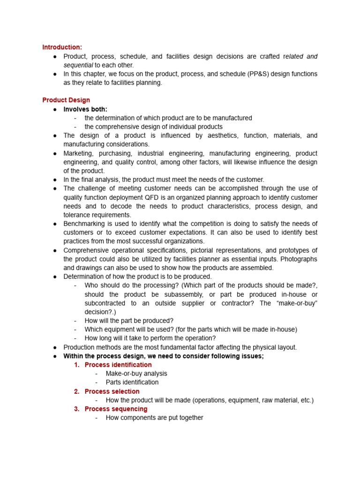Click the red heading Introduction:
62,47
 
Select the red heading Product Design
66,100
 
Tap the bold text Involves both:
85,109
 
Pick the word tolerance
78,215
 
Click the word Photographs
300,259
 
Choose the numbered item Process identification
118,365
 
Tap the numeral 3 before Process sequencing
76,409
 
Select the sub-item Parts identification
132,382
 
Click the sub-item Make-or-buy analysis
136,374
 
